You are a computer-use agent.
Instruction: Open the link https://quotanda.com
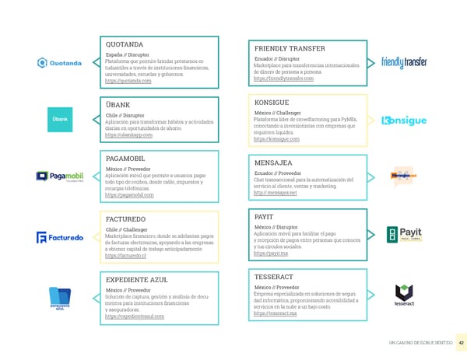tap(128, 81)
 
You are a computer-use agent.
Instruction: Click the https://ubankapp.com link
tap(128, 135)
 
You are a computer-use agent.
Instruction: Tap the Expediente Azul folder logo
tap(59, 298)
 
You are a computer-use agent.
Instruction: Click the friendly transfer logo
tap(408, 62)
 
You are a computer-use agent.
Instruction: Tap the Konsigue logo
tap(406, 121)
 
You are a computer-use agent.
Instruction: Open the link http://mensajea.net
tap(276, 194)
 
